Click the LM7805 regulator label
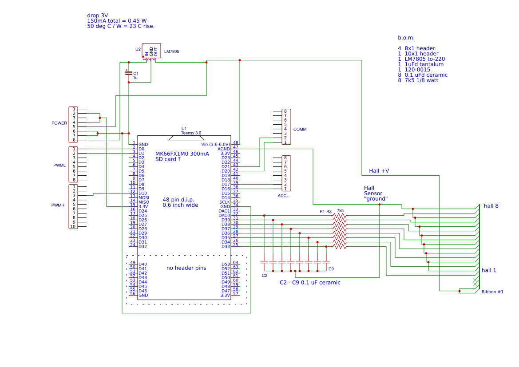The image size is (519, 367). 172,51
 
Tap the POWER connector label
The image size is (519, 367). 59,123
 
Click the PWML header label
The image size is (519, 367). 59,165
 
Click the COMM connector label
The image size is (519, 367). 300,130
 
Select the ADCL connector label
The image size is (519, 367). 283,195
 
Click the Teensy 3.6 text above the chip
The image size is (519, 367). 191,133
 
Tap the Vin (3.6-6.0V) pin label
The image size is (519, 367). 215,144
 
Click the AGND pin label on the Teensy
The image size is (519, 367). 224,149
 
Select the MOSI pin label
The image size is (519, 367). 144,197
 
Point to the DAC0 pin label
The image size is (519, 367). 224,215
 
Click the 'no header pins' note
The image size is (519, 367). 186,268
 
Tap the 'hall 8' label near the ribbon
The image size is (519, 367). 491,206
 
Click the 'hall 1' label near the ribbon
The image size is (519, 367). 489,270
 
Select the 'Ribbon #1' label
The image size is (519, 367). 492,292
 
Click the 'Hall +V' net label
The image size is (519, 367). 379,171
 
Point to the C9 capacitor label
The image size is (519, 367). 331,269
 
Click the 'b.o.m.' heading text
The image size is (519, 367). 406,38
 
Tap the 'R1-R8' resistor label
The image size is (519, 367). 326,212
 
